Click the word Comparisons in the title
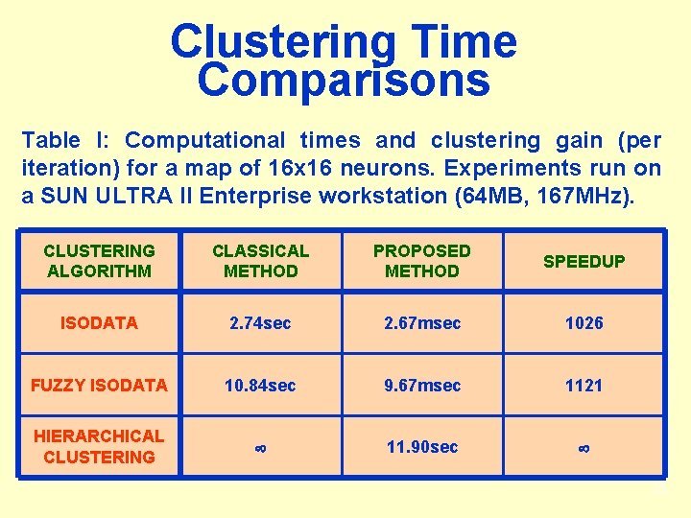click(x=344, y=82)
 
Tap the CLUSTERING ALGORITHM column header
click(x=99, y=261)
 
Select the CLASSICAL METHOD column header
click(x=260, y=261)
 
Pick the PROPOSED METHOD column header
click(x=421, y=261)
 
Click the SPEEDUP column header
click(x=584, y=262)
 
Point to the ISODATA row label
click(x=99, y=323)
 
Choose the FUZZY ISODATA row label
click(x=99, y=386)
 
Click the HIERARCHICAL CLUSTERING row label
click(x=99, y=446)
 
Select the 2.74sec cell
click(x=260, y=323)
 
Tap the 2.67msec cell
click(x=421, y=323)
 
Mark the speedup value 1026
click(x=584, y=323)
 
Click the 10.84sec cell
click(x=260, y=386)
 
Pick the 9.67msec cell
click(x=421, y=386)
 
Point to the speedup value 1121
click(x=584, y=386)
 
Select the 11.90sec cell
click(x=421, y=447)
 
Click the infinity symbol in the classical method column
click(x=260, y=448)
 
